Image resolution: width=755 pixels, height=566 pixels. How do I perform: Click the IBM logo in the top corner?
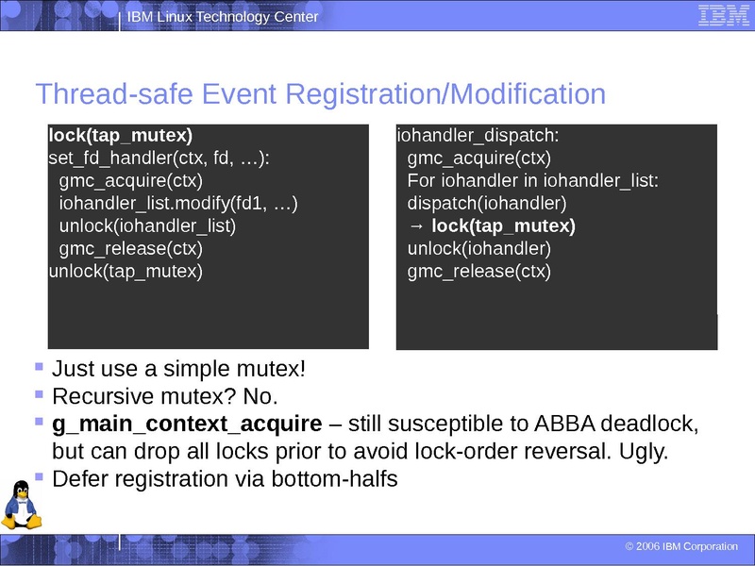pyautogui.click(x=724, y=16)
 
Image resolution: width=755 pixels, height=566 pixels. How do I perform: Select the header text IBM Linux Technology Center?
pyautogui.click(x=223, y=17)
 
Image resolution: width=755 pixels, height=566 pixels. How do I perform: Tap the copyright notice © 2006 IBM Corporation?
pyautogui.click(x=681, y=547)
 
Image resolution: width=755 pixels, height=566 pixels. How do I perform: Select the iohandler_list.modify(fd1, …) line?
pyautogui.click(x=178, y=204)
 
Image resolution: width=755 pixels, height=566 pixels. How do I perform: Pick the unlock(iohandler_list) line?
pyautogui.click(x=147, y=226)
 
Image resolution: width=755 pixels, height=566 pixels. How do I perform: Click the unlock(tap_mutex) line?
pyautogui.click(x=126, y=272)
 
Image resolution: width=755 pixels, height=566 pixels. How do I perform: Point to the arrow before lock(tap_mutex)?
pyautogui.click(x=417, y=226)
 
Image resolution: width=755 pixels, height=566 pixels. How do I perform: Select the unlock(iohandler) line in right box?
pyautogui.click(x=479, y=249)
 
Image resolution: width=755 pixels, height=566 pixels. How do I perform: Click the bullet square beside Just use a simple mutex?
pyautogui.click(x=39, y=366)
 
